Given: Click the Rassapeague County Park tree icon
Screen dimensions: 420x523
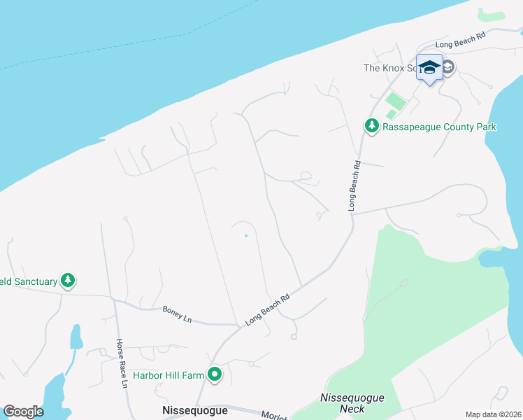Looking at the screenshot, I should (371, 126).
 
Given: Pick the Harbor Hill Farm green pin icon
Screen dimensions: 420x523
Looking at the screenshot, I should (215, 375).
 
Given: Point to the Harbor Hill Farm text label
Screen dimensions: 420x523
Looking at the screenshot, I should (169, 375).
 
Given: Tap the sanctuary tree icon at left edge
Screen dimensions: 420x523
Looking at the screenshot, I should (67, 281).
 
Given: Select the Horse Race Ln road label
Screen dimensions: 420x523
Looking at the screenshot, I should (122, 364).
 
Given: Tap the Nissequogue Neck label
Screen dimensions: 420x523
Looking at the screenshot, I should (352, 402).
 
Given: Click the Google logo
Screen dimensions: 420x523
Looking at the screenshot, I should (23, 412).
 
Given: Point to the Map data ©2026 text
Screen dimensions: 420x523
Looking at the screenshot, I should (493, 414).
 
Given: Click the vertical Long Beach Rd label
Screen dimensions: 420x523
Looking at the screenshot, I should (354, 186).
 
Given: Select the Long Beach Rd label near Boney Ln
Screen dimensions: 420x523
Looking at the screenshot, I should (268, 309).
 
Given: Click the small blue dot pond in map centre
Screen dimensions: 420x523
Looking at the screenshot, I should (245, 236).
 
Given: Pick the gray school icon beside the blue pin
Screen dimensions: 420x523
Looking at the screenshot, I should (448, 67).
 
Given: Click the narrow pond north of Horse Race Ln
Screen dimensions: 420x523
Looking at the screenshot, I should (75, 337).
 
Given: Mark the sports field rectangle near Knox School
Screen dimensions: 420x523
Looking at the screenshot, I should (395, 102).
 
